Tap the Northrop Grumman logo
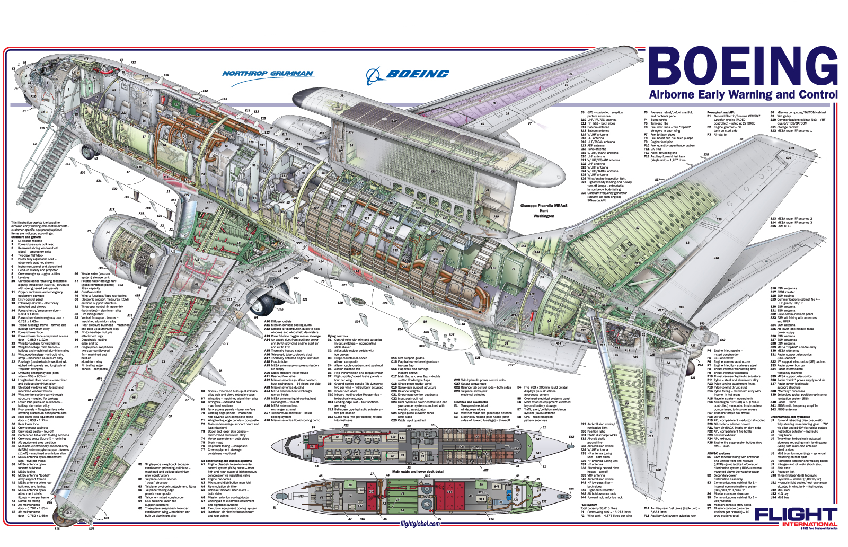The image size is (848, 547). point(268,74)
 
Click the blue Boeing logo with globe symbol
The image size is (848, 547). point(408,75)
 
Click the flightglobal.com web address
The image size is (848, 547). point(420,524)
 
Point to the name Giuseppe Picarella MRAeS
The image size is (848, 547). point(544,206)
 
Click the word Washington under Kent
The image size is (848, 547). point(544,216)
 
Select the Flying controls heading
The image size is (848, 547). point(338,336)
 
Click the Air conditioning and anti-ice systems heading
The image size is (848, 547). point(226,461)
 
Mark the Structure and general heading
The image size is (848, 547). point(26,237)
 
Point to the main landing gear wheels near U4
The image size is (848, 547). point(265,305)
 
